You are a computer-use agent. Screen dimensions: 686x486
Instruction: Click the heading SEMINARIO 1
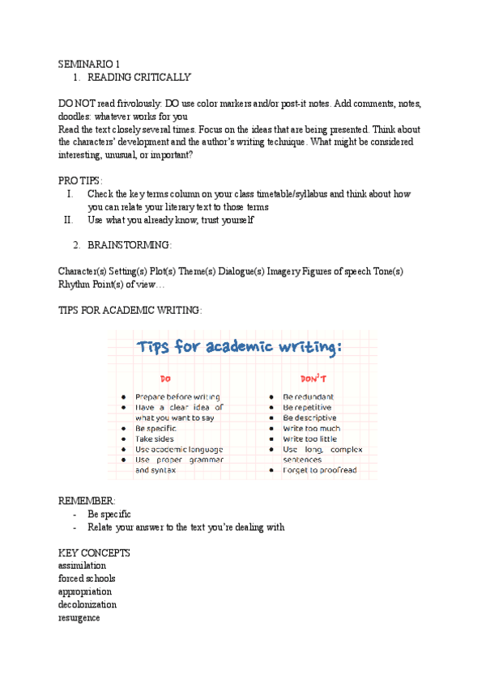89,64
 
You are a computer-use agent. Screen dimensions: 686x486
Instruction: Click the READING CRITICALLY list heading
139,78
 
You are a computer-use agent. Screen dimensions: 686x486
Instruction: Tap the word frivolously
133,104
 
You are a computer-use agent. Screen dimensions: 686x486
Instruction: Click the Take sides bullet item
154,438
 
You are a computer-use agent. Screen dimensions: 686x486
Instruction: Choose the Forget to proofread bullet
319,470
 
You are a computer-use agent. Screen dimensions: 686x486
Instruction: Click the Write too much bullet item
311,428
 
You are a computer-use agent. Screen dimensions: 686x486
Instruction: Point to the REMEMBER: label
87,501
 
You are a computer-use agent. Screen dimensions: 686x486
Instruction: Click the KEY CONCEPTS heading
94,553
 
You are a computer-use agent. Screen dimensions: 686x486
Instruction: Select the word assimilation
83,565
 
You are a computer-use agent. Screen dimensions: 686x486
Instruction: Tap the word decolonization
87,604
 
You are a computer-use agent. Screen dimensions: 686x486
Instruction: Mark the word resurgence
79,617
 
